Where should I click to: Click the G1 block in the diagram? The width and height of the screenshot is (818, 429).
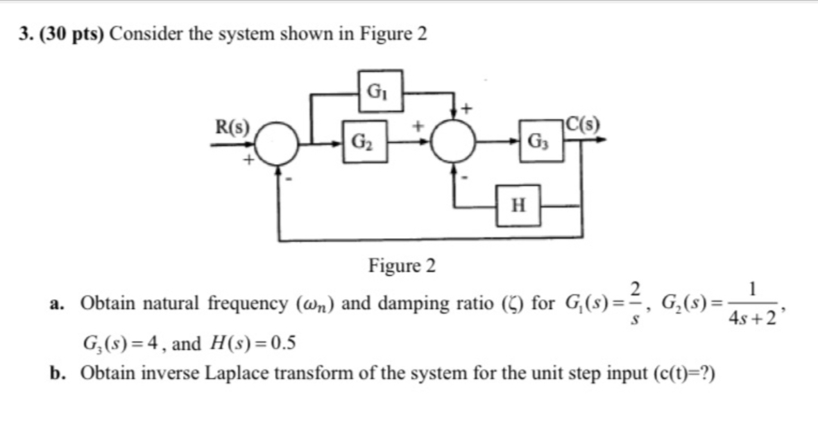(380, 91)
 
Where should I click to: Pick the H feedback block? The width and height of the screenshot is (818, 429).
(518, 205)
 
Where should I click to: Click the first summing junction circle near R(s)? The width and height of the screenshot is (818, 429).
(278, 144)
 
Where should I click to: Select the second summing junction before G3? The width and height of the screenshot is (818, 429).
(454, 144)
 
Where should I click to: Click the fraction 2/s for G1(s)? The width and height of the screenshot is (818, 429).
(636, 302)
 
